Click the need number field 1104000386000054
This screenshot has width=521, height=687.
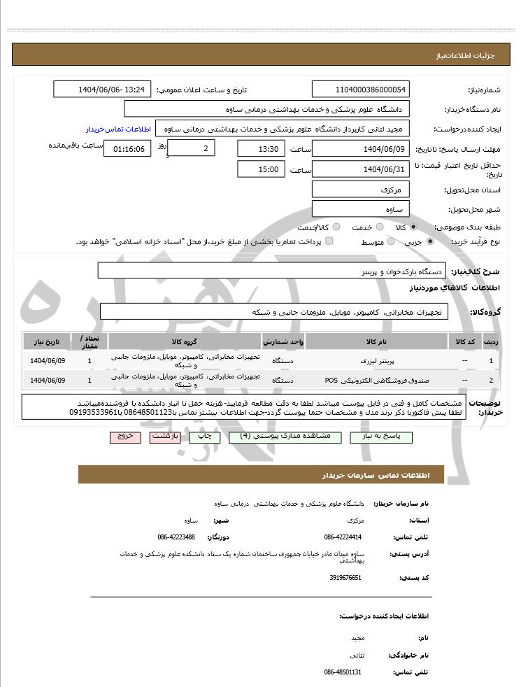[361, 90]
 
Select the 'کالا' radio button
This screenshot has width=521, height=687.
[414, 227]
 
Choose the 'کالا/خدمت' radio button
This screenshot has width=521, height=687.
[336, 227]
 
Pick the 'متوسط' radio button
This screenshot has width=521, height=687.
[391, 241]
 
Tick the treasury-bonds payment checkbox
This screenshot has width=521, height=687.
[329, 241]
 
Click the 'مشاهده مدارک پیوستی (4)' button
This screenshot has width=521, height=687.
[285, 437]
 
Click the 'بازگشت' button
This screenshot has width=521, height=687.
[165, 437]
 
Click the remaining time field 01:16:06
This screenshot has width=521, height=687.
[127, 149]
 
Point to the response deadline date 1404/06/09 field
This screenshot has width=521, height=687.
[361, 149]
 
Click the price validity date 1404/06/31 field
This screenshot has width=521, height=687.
[361, 169]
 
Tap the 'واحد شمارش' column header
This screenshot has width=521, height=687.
[283, 341]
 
